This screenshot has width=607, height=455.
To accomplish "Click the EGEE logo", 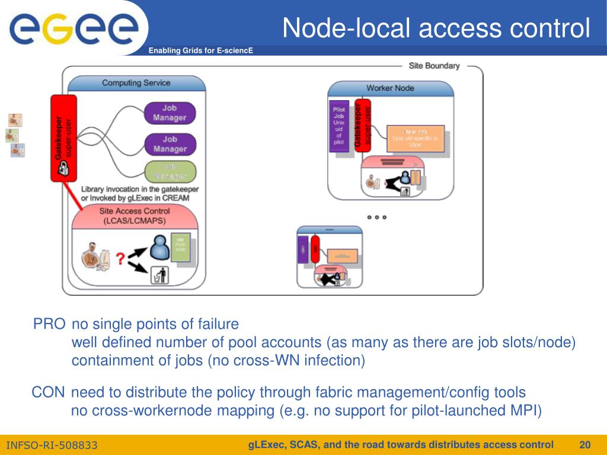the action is [74, 28].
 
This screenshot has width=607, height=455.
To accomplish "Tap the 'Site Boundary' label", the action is [434, 66].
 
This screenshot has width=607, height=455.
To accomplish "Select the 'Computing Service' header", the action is [136, 83].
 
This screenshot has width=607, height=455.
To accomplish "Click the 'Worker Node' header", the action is [390, 88].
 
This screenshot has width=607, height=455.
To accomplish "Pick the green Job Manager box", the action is [170, 171].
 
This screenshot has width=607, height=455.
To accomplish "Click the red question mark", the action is [120, 259].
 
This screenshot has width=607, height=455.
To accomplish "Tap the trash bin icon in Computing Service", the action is [160, 275].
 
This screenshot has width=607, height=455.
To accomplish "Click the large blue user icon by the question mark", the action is [159, 248].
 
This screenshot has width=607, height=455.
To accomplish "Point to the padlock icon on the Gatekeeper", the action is [62, 171].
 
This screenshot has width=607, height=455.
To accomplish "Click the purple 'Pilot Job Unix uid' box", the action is [339, 126].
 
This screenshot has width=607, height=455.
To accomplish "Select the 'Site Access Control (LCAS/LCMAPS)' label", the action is [134, 216].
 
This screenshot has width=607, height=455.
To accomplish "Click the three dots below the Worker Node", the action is [376, 217].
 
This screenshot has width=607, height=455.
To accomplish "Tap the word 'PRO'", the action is [49, 324].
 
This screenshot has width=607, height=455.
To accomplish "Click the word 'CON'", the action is [48, 392].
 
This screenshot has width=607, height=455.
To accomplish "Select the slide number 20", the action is [585, 445].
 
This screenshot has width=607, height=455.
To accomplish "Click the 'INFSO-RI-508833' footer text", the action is [52, 446].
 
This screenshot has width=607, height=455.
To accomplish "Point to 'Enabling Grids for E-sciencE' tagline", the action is [200, 51].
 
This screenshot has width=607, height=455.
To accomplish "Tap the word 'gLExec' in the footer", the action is [266, 445].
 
